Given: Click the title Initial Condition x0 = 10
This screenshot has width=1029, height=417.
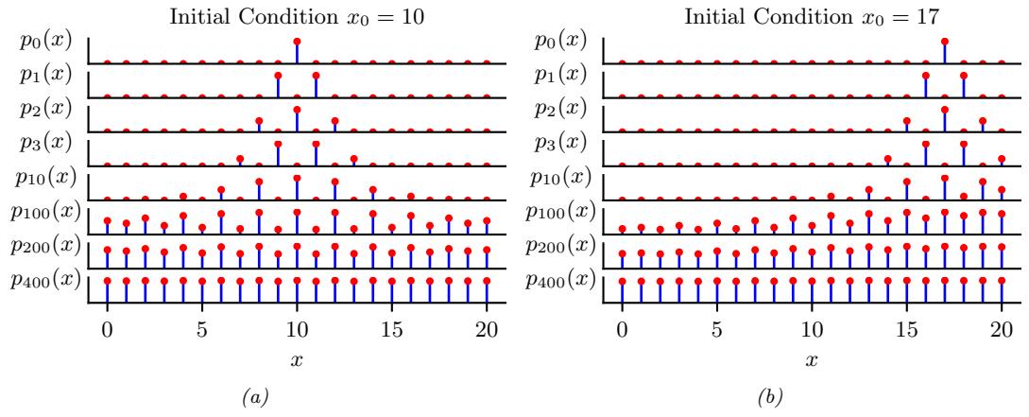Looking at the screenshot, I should tap(298, 16).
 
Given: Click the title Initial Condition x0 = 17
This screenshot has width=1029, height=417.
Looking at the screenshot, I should tap(812, 16).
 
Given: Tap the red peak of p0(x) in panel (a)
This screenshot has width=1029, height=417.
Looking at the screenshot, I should tap(297, 42).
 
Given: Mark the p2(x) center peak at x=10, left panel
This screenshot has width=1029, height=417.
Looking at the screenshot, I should tap(297, 110).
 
